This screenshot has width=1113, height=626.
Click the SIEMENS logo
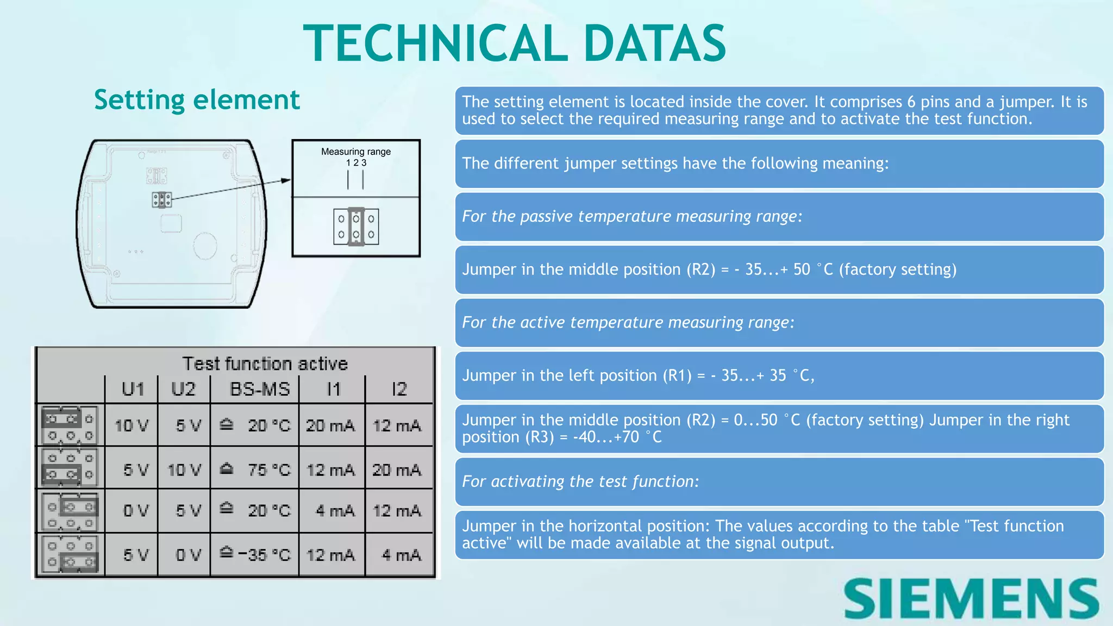[971, 598]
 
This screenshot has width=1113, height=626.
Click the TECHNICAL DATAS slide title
[514, 43]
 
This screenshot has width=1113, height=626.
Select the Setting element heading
[197, 100]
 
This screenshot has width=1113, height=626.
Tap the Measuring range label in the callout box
[355, 152]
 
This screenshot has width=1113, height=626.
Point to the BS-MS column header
[260, 389]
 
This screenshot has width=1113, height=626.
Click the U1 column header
[133, 389]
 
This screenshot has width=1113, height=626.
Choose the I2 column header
[399, 389]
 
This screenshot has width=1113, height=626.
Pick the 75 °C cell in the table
[268, 469]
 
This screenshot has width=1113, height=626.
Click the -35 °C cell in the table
[264, 555]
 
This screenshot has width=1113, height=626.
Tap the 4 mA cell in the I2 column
[401, 555]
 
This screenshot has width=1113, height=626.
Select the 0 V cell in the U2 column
[188, 555]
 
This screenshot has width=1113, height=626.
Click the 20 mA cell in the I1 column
[330, 425]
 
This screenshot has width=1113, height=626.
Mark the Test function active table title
[265, 363]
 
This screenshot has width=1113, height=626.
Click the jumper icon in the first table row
[70, 425]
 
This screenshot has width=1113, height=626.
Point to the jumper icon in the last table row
[70, 554]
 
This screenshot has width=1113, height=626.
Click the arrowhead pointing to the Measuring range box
[286, 180]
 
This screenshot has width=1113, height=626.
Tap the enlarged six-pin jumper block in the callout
[356, 227]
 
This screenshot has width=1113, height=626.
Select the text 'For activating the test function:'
[580, 481]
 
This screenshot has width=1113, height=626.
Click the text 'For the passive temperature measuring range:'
[632, 216]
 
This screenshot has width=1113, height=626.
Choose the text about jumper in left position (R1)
[638, 375]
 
